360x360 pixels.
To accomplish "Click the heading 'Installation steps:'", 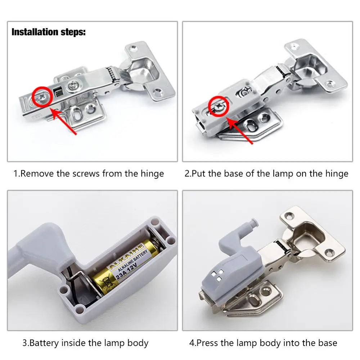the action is coord(49,32).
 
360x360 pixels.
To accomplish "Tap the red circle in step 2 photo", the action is coord(219,107).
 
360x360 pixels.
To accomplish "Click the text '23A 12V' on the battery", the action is coord(126,271).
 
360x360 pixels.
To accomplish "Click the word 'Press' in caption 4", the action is coord(207,343).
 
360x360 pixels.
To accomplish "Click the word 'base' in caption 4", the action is coord(328,343).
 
